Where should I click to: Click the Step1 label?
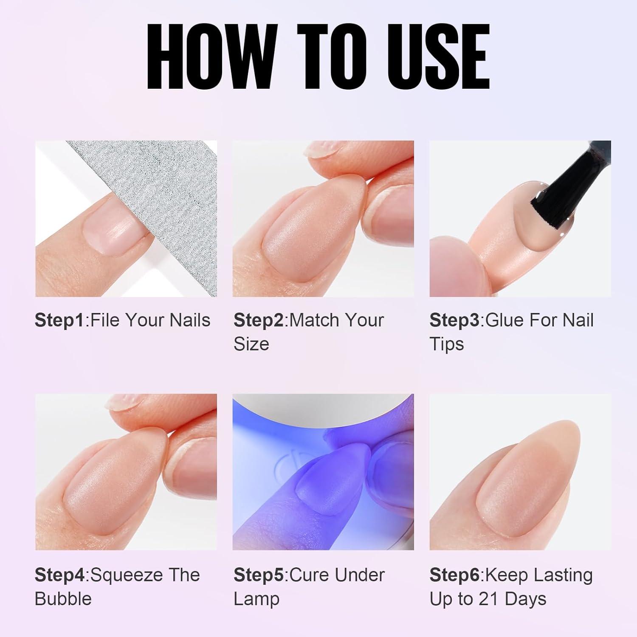[60, 320]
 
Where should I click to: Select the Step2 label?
[259, 320]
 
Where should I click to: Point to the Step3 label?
[454, 320]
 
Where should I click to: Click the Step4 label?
[60, 575]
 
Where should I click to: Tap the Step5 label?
[259, 575]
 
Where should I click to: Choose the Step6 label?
[454, 575]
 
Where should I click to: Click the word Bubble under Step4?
[63, 599]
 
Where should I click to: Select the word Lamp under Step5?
[256, 599]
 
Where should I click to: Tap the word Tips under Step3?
[447, 344]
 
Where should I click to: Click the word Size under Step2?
[251, 344]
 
